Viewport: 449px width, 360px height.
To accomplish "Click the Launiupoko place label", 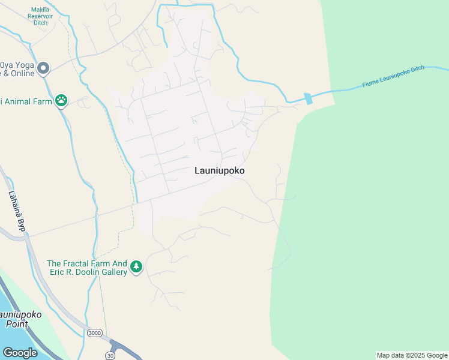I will (219, 170).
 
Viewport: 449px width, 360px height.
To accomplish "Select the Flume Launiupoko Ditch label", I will (393, 77).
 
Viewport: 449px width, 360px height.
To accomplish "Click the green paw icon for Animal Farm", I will (61, 101).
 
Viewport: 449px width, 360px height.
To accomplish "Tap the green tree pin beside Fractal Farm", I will (136, 266).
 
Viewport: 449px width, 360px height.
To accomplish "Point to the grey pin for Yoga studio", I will (43, 69).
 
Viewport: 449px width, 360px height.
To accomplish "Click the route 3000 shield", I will (94, 333).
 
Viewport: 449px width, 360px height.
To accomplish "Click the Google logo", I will (19, 352).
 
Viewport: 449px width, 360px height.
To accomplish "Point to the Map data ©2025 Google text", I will (412, 355).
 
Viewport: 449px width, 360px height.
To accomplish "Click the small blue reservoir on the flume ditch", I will (309, 98).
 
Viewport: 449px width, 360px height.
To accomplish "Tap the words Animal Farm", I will (26, 101).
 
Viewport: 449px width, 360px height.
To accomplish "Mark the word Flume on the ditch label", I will (372, 83).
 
